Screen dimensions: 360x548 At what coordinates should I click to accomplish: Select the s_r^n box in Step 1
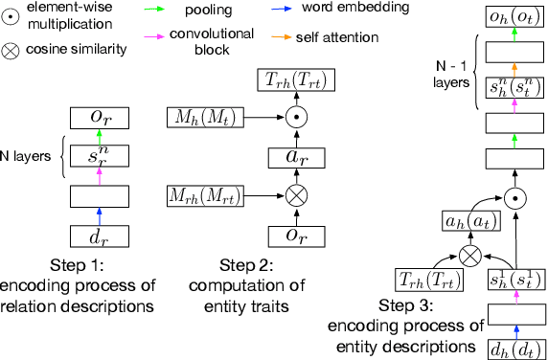click(x=100, y=156)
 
